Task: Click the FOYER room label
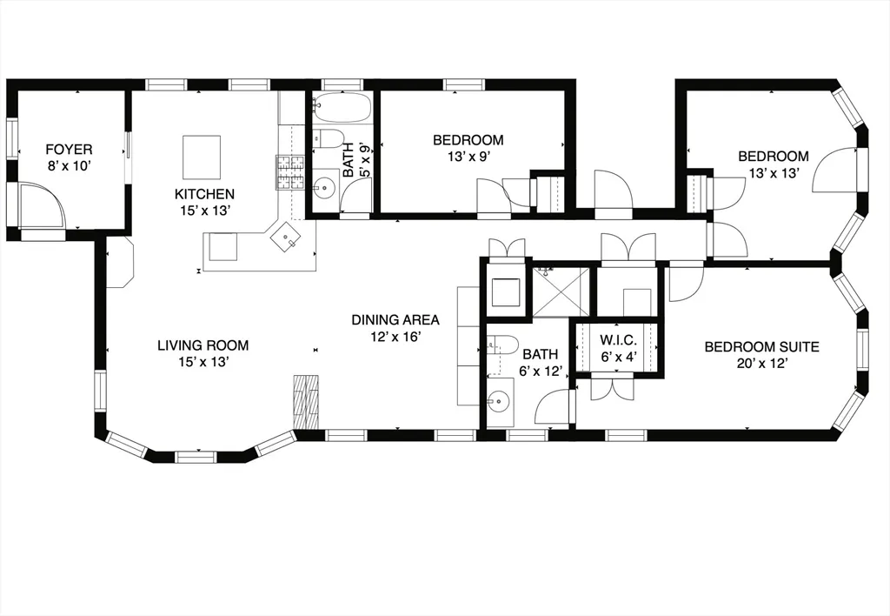coord(69,150)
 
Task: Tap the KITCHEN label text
coord(204,194)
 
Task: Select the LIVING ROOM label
coord(203,345)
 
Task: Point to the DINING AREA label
coord(395,320)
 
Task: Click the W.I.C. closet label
coord(619,341)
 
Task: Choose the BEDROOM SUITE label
coord(761,346)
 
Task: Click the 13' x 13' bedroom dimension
coord(774,173)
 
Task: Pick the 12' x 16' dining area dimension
coord(395,337)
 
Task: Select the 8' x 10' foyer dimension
coord(69,166)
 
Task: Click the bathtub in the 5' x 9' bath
coord(342,108)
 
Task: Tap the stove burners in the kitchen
coord(290,172)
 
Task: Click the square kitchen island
coord(202,157)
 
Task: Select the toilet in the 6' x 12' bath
coord(503,345)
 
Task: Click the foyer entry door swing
coord(43,205)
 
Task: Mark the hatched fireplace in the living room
coord(306,402)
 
